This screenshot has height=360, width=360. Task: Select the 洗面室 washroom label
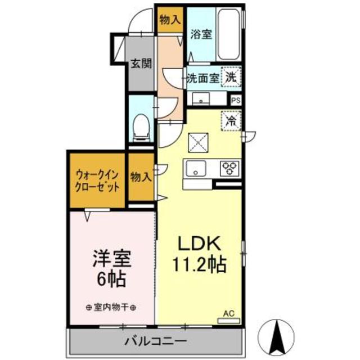tap(202, 78)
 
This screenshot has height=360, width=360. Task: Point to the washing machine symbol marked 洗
tap(231, 77)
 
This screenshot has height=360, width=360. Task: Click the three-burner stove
tap(230, 167)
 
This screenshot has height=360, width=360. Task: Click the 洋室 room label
tap(112, 259)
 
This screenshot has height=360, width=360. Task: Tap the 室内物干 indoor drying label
tap(112, 307)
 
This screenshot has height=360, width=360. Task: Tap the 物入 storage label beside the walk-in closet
tap(141, 177)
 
